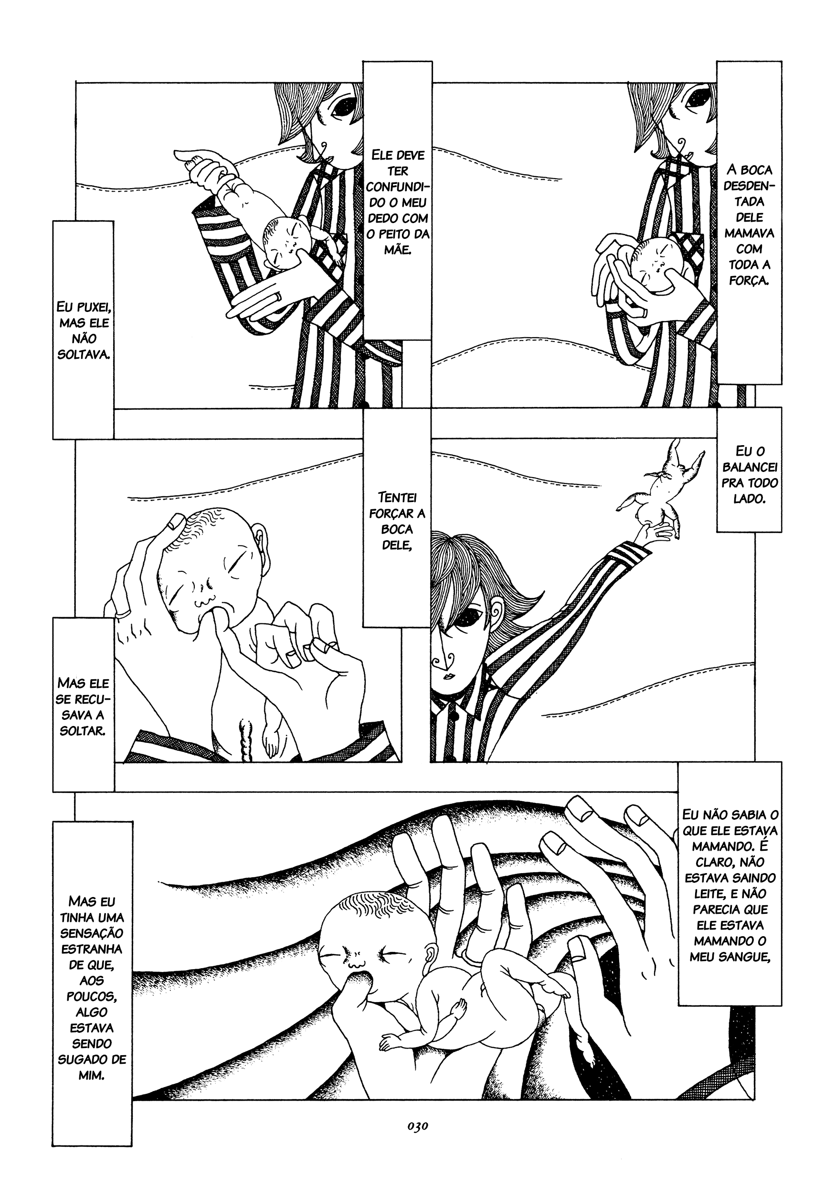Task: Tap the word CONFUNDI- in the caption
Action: point(397,187)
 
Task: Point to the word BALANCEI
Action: point(750,467)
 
